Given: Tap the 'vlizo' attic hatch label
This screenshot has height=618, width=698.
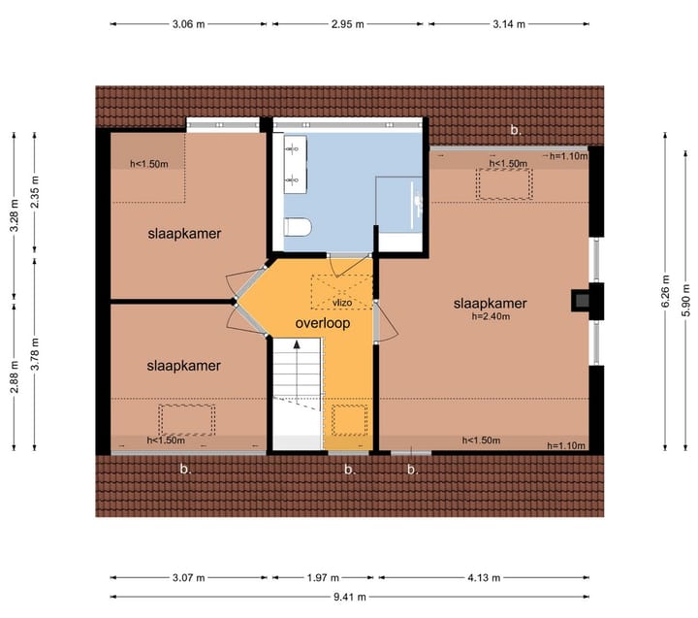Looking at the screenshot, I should point(341,303).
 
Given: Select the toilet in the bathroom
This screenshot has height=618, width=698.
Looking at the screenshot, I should point(298,228).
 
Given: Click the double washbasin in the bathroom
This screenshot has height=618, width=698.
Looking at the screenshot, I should point(291,160).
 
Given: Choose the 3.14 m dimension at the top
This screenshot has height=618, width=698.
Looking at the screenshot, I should point(508,23).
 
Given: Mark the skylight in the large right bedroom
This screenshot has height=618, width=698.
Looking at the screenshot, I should point(502,184).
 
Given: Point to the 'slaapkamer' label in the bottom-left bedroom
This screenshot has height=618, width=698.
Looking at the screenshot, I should point(184,366).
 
